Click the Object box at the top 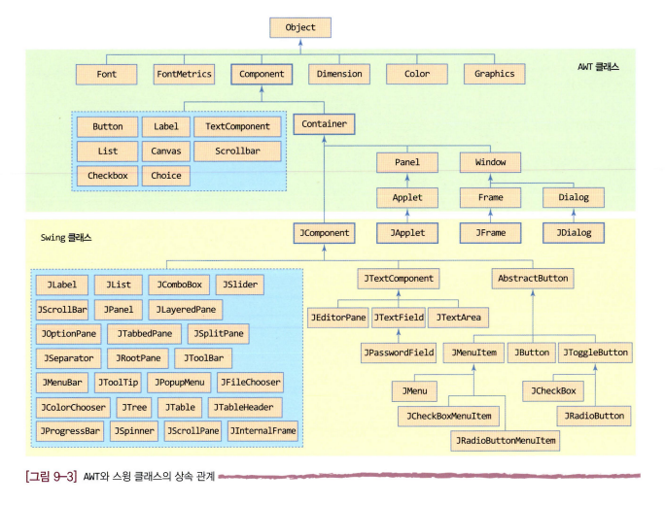coord(300,27)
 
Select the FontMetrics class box coord(184,74)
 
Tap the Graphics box coord(495,74)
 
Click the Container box coord(324,124)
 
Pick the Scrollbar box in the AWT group coord(236,151)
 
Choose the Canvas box coord(165,151)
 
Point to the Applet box coord(407,197)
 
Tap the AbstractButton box coord(533,279)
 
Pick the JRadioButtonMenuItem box coord(506,440)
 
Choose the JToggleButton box coord(595,352)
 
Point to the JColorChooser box coord(72,407)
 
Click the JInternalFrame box coord(263,430)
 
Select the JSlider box coord(239,285)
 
